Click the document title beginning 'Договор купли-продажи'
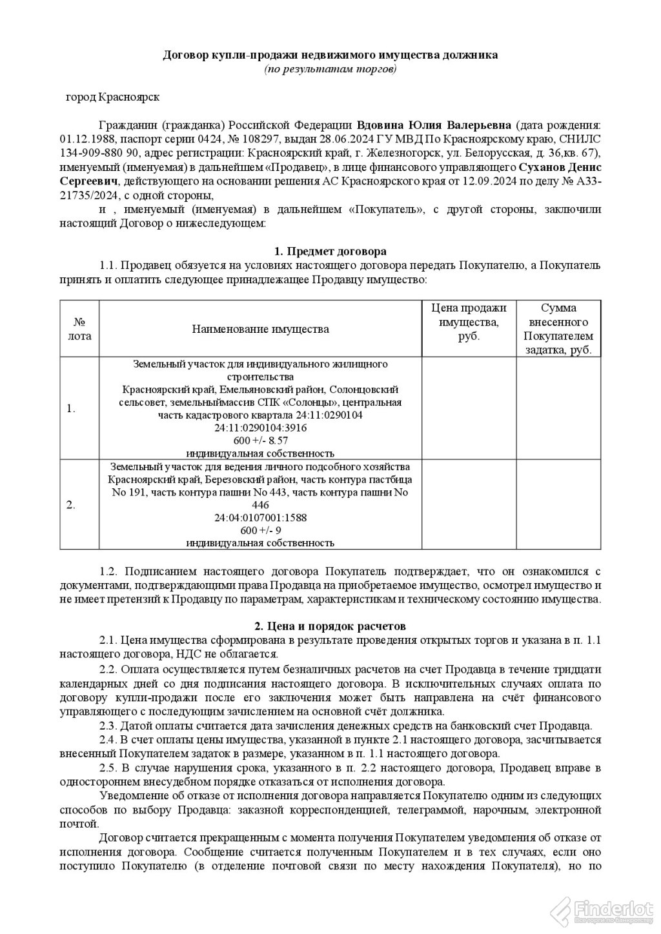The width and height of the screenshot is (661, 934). click(x=330, y=55)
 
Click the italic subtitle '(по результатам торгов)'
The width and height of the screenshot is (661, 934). click(x=330, y=68)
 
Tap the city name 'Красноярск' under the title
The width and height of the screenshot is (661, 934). click(x=130, y=97)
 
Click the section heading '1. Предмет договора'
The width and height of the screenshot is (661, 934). click(x=330, y=251)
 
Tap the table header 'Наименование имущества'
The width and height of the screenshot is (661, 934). click(x=260, y=329)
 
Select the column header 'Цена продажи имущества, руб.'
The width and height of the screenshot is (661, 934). click(x=468, y=322)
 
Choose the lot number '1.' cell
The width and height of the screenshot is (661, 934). click(x=72, y=408)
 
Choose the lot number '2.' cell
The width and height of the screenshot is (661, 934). click(x=72, y=504)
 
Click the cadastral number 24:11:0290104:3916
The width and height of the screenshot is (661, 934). click(x=260, y=428)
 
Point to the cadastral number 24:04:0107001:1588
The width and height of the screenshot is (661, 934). click(x=260, y=517)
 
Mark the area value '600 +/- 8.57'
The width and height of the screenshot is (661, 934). click(x=260, y=440)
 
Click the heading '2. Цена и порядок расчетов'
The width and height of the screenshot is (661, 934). click(x=330, y=626)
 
